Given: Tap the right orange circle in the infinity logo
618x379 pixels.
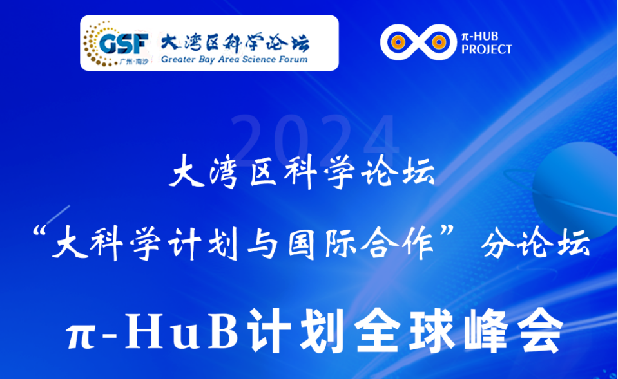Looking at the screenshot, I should click(438, 42).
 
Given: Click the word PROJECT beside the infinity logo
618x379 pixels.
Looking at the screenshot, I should click(488, 50).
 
